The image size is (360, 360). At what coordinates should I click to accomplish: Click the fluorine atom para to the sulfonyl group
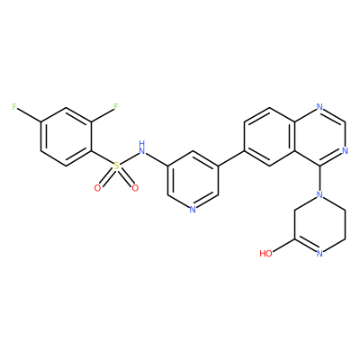[14, 107]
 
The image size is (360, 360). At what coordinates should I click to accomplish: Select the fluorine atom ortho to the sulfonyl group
[116, 107]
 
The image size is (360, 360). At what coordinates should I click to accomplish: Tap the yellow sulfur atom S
[116, 166]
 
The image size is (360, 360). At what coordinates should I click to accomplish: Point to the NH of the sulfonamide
[141, 147]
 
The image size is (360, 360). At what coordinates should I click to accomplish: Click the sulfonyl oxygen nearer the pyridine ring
[135, 188]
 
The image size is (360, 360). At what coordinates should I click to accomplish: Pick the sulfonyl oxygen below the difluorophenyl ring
[97, 188]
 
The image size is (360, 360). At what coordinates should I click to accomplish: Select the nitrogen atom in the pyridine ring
[193, 210]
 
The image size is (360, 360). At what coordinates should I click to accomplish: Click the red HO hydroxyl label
[265, 254]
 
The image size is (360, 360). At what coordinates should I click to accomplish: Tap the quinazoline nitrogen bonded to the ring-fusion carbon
[319, 107]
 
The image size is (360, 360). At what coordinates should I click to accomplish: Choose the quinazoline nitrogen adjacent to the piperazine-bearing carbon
[345, 150]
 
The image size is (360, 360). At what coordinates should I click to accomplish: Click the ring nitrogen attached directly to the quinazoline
[319, 195]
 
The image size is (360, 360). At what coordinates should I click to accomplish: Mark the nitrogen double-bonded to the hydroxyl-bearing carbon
[319, 254]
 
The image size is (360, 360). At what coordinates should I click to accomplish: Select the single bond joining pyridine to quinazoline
[230, 158]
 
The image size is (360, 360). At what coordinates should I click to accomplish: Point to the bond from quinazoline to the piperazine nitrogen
[319, 178]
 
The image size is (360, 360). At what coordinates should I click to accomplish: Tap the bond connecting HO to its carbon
[283, 246]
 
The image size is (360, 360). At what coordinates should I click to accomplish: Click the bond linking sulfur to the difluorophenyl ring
[102, 157]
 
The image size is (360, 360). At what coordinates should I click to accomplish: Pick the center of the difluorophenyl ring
[66, 136]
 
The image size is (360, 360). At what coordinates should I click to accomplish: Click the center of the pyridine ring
[193, 180]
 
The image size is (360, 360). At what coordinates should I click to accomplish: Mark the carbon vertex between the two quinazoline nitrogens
[345, 121]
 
